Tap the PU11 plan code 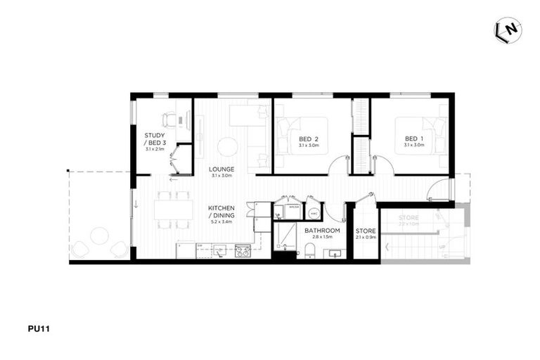coord(38,328)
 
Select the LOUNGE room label coord(221,169)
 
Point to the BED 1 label coord(413,139)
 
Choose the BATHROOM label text coord(323,231)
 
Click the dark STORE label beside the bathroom coord(366,231)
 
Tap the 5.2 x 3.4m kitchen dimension coord(221,222)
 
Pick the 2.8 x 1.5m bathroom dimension coord(323,238)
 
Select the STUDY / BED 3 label coord(155,139)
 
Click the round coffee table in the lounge coord(228,147)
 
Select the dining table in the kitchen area coord(173,210)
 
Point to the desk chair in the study coord(169,120)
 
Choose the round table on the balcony coord(99,236)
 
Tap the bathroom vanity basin coord(333,253)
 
